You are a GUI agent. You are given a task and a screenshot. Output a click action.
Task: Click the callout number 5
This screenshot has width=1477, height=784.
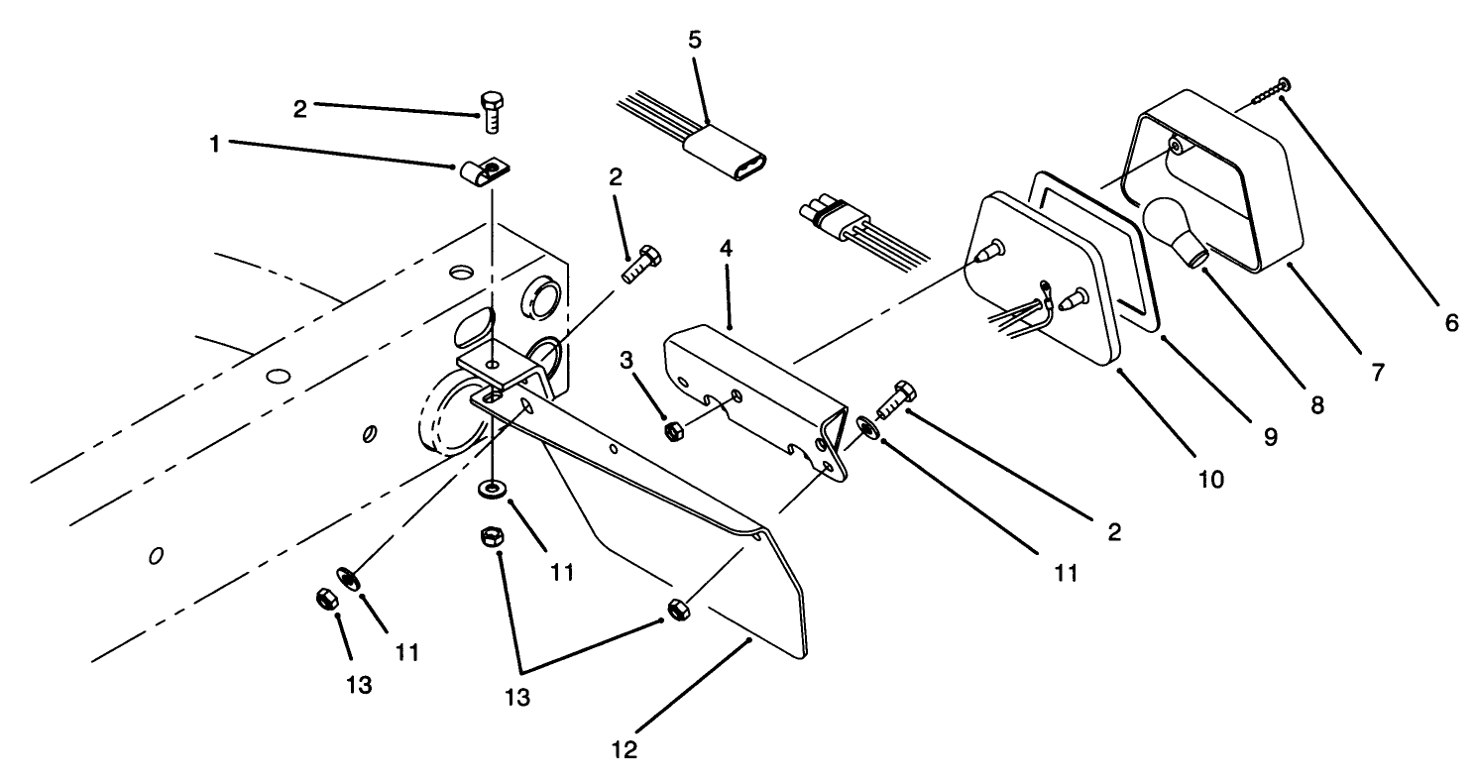[x=693, y=42]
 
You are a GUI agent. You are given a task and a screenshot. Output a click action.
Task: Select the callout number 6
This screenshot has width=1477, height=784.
[x=1451, y=322]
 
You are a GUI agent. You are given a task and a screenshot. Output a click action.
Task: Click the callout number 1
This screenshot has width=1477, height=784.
[x=214, y=143]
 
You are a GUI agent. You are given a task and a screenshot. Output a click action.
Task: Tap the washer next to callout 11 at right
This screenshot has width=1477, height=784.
[x=866, y=426]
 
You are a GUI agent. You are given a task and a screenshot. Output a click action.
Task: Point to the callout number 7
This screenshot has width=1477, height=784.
[x=1377, y=374]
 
